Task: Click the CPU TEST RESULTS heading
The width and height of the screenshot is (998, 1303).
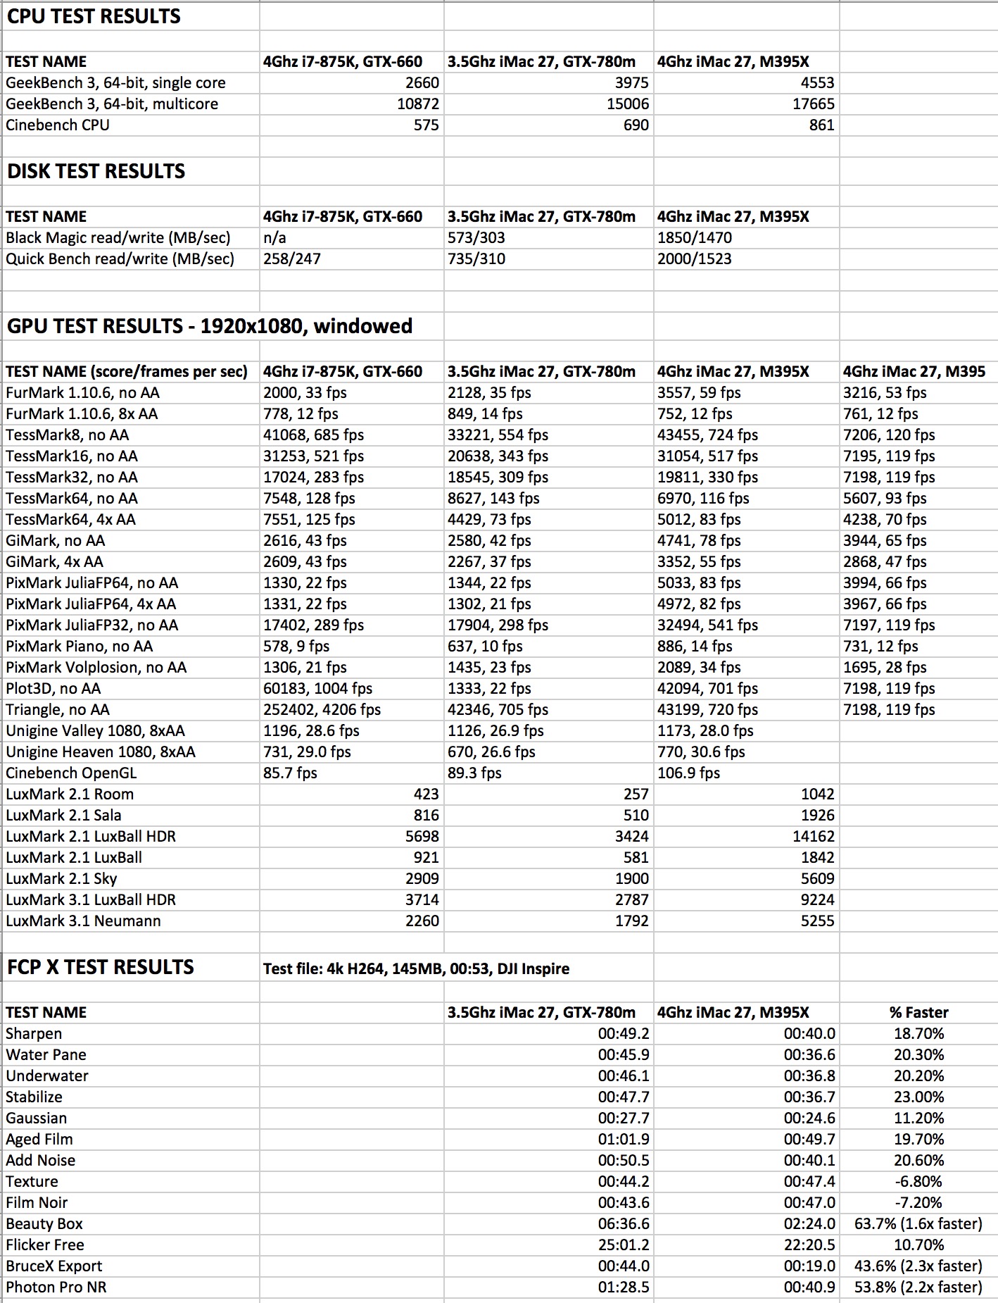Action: point(94,16)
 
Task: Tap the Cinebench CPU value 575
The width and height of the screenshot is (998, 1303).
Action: point(426,125)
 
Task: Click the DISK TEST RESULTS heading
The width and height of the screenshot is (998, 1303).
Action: point(96,171)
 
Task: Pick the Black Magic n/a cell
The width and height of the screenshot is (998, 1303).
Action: point(275,238)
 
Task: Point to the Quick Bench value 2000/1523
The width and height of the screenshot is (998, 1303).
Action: point(694,259)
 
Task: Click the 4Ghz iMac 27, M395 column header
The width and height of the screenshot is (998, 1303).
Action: point(914,372)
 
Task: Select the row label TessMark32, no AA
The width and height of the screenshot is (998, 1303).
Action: point(72,478)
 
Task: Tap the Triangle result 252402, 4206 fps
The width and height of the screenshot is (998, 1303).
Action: point(322,710)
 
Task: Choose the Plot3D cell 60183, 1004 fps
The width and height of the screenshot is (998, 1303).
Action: point(317,689)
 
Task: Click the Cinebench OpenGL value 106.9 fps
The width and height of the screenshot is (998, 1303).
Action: point(688,773)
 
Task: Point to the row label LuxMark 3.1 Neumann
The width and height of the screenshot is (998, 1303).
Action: point(83,921)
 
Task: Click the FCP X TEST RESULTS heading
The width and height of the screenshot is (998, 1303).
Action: point(100,967)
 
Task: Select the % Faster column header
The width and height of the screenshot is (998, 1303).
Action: point(918,1013)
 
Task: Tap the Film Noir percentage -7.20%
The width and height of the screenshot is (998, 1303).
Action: point(918,1203)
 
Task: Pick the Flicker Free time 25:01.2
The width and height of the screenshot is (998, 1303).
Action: point(624,1245)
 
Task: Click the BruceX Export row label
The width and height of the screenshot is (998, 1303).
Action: point(54,1266)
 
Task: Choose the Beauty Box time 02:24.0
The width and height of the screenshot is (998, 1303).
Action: point(809,1224)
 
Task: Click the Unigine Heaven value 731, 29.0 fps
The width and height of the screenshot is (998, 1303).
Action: point(307,752)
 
